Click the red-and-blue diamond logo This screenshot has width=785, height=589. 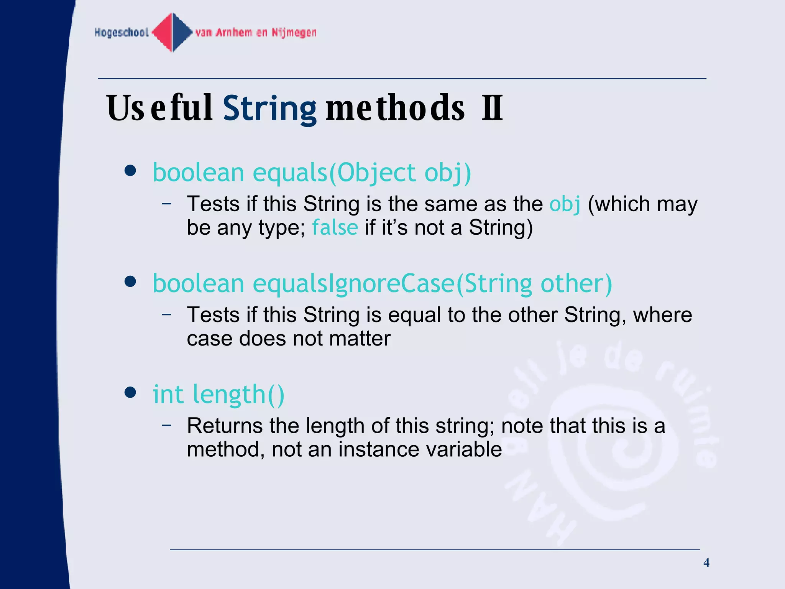(172, 32)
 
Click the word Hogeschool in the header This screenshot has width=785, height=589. (122, 33)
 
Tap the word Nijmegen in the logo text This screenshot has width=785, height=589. (294, 33)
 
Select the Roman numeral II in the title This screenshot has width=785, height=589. (492, 108)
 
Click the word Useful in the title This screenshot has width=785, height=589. (159, 109)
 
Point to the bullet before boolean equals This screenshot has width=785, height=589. (131, 171)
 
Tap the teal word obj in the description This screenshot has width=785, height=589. (565, 204)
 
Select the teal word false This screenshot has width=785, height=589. (335, 227)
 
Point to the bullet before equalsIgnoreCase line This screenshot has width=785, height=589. (131, 282)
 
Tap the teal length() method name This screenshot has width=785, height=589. (238, 395)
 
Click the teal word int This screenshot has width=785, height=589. (168, 394)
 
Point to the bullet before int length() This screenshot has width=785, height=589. (131, 393)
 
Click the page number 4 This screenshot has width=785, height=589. (706, 563)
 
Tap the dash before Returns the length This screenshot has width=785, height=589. (166, 425)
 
